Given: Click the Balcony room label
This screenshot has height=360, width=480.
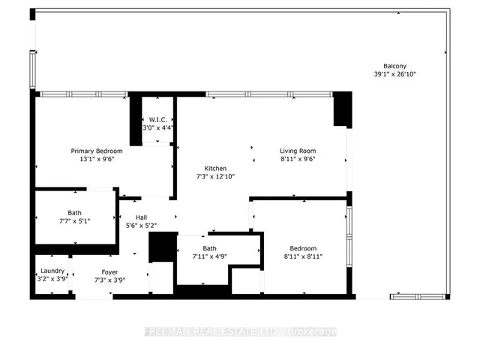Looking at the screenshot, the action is pyautogui.click(x=395, y=66).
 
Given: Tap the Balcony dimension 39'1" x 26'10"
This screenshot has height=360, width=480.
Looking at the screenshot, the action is pyautogui.click(x=395, y=74).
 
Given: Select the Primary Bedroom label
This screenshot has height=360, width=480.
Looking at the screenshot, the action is pyautogui.click(x=97, y=151).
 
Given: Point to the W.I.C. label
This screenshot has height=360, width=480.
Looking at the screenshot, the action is pyautogui.click(x=158, y=120).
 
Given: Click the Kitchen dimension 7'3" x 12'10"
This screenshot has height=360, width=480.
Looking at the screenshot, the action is pyautogui.click(x=215, y=176).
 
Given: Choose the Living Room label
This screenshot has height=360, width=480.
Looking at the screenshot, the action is pyautogui.click(x=298, y=151).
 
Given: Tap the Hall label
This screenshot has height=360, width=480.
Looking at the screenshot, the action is pyautogui.click(x=142, y=217).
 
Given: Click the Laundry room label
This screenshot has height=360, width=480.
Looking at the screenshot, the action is pyautogui.click(x=52, y=271).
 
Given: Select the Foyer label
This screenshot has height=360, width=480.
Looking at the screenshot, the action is pyautogui.click(x=110, y=272).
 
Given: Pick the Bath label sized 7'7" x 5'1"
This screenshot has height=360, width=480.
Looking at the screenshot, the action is pyautogui.click(x=75, y=213).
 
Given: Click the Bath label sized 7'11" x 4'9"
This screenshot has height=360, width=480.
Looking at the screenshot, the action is pyautogui.click(x=209, y=248).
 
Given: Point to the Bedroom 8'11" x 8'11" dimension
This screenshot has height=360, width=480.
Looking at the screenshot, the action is pyautogui.click(x=303, y=256).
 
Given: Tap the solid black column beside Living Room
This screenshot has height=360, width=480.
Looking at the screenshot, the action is pyautogui.click(x=343, y=109).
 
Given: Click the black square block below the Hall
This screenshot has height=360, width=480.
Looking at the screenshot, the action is pyautogui.click(x=163, y=247).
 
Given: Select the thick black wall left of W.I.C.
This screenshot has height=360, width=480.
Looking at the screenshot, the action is pyautogui.click(x=136, y=120).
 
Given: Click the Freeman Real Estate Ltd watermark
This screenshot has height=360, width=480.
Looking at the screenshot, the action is pyautogui.click(x=241, y=331).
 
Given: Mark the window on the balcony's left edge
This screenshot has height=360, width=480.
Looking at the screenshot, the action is pyautogui.click(x=32, y=70).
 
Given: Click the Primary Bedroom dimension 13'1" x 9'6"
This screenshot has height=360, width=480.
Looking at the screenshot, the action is pyautogui.click(x=97, y=159).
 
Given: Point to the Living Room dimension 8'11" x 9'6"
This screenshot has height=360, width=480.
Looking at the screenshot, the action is pyautogui.click(x=298, y=159).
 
